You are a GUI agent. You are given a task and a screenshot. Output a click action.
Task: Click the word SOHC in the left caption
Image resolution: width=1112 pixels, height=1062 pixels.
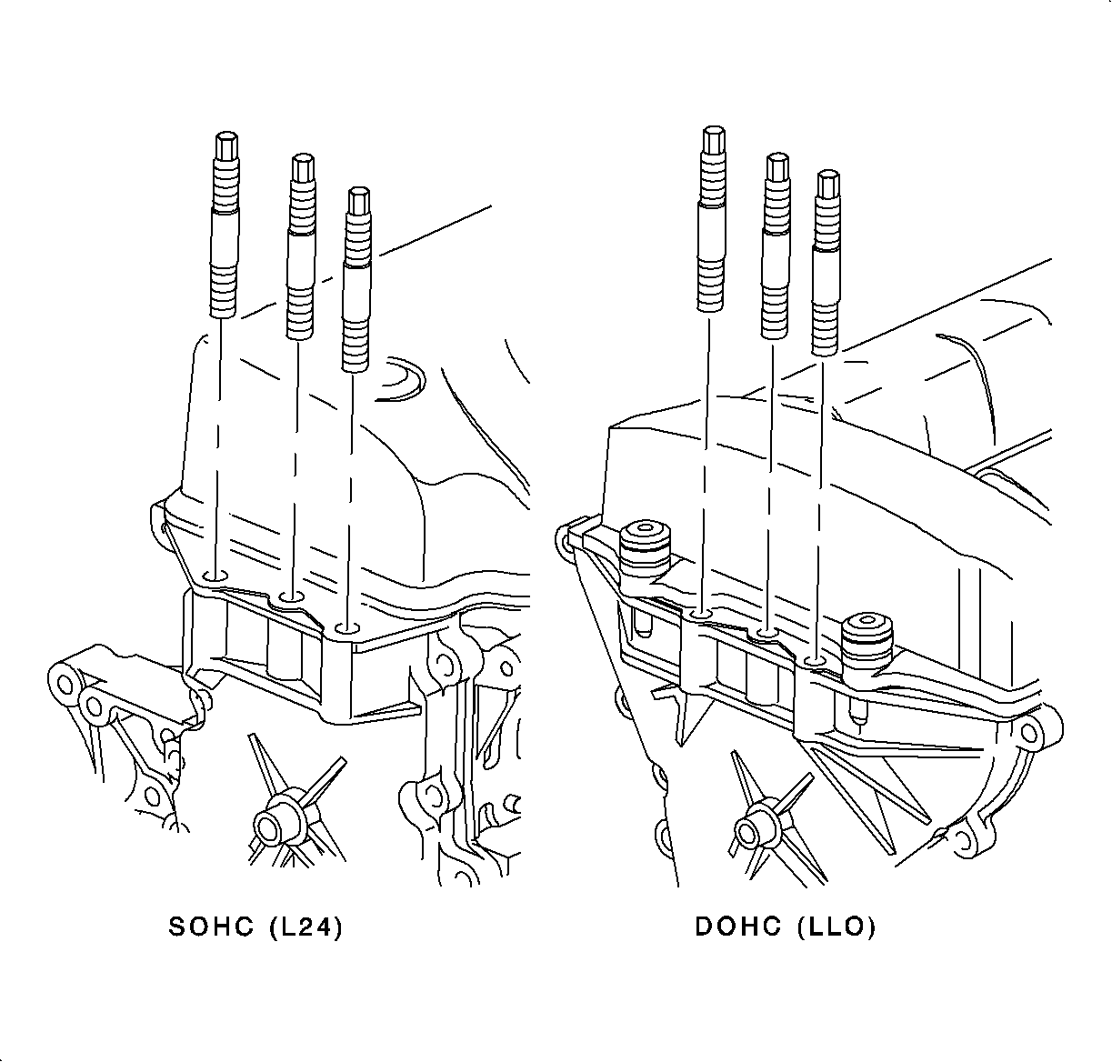[211, 927]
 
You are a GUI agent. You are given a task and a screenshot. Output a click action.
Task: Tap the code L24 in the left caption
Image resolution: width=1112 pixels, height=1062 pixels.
[306, 927]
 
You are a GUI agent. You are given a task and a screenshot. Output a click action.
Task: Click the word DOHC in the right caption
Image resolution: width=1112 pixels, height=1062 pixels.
[737, 927]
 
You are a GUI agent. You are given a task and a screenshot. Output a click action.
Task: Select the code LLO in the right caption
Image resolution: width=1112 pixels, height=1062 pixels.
[836, 927]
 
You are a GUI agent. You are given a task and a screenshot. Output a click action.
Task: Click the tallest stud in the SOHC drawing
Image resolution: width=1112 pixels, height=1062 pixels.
[225, 225]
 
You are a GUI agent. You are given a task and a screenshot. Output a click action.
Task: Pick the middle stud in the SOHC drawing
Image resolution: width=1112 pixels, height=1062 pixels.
[301, 246]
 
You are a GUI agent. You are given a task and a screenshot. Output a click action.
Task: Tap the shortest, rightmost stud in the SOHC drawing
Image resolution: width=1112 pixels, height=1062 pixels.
[356, 279]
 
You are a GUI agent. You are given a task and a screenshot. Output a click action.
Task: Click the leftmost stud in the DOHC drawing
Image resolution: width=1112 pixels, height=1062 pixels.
[713, 219]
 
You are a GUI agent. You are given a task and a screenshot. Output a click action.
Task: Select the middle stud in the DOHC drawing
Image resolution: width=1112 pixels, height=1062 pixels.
[776, 246]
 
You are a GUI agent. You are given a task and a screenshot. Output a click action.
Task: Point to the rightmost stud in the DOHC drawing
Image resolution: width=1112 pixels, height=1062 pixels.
[826, 263]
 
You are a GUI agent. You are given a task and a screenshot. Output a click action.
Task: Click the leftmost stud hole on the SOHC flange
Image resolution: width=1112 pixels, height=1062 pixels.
[216, 576]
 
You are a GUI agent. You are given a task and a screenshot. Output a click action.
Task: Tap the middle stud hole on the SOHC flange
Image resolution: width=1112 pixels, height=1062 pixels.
[292, 598]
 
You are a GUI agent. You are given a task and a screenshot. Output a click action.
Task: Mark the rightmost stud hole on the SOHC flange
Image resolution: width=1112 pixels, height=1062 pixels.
[346, 628]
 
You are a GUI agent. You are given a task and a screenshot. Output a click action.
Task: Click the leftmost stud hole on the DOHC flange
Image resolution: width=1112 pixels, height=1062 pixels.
[701, 614]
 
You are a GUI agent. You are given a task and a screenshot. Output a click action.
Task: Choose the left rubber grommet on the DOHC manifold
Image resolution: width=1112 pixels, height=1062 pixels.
[645, 548]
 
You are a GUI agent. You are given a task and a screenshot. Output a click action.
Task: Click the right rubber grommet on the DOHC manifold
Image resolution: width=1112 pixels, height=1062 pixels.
[867, 642]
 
